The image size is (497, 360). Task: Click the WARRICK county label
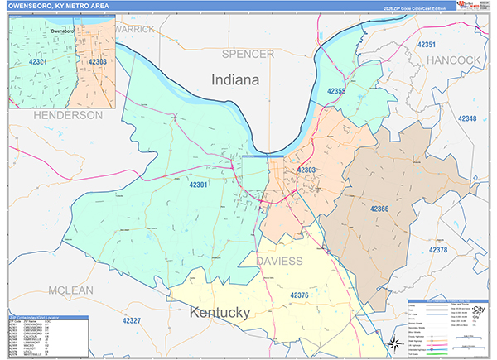(x=135, y=29)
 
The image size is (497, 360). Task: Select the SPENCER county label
(x=248, y=54)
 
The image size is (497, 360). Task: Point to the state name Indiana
(x=235, y=80)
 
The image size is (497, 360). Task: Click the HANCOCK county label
(x=454, y=60)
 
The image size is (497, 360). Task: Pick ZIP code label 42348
(x=467, y=119)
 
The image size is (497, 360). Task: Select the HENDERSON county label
(x=67, y=115)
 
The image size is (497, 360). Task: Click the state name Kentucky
(x=220, y=314)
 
